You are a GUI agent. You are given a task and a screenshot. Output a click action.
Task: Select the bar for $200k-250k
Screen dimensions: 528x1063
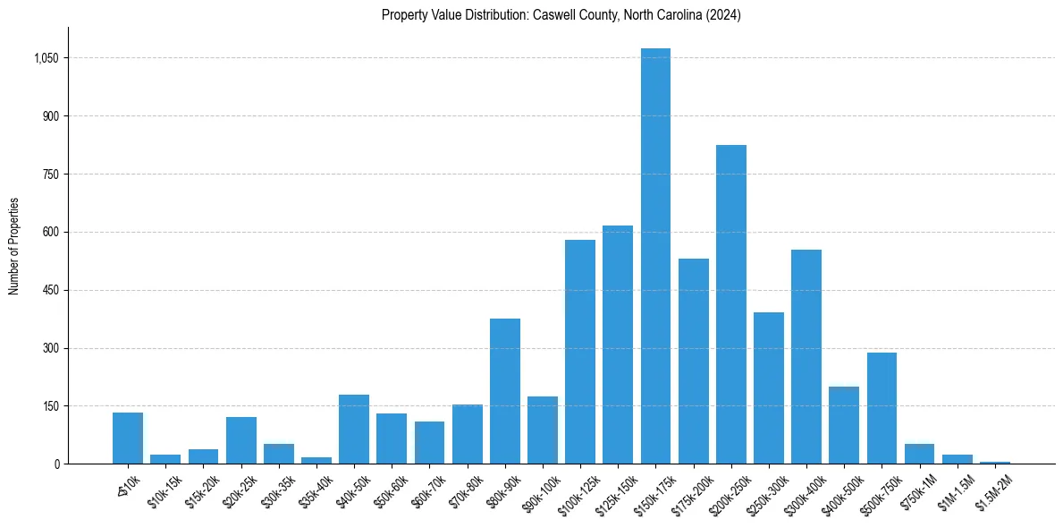pyautogui.click(x=730, y=304)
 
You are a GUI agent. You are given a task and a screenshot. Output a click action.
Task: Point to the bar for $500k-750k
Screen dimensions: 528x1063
pyautogui.click(x=882, y=408)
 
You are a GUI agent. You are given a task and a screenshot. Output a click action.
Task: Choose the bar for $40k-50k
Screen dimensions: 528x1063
pyautogui.click(x=354, y=430)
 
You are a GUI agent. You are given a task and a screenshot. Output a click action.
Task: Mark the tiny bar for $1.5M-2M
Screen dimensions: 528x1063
pyautogui.click(x=995, y=462)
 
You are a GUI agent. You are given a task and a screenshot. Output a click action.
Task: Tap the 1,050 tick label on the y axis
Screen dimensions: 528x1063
pyautogui.click(x=46, y=58)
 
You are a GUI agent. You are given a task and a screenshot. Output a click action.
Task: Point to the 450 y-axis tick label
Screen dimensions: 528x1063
pyautogui.click(x=50, y=290)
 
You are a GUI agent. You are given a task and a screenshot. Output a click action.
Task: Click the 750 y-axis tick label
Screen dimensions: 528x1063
pyautogui.click(x=50, y=175)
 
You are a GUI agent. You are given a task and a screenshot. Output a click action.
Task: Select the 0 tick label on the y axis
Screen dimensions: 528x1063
pyautogui.click(x=56, y=464)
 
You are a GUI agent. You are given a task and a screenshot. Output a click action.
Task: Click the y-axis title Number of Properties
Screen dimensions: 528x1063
pyautogui.click(x=13, y=246)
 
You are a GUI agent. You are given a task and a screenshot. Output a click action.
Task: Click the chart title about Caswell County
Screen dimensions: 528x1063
pyautogui.click(x=561, y=15)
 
